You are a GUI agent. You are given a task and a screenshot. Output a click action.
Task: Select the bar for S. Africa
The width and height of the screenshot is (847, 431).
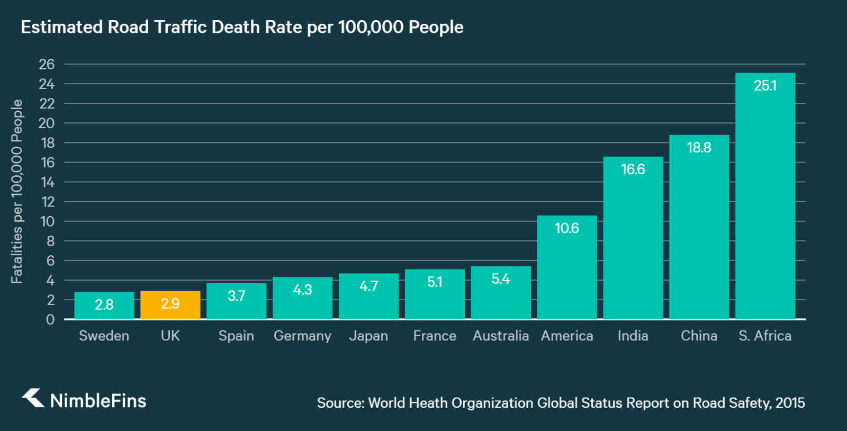765,201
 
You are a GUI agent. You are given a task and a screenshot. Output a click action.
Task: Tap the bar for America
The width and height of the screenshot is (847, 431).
566,270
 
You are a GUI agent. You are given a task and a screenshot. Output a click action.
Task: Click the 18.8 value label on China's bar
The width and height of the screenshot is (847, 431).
699,148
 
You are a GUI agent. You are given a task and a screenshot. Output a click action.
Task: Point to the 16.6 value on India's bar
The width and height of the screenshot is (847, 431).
633,169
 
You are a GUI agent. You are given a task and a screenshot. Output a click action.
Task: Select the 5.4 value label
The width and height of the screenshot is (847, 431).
500,279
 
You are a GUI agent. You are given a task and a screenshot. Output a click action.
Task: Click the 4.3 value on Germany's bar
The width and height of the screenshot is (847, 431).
302,290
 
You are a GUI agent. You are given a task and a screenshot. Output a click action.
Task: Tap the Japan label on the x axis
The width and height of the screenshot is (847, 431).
368,336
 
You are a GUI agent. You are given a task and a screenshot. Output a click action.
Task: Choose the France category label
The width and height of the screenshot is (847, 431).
435,336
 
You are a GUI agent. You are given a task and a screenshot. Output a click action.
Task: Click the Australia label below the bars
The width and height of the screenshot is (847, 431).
500,336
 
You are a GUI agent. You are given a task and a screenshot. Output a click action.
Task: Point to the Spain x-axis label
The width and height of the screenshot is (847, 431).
236,336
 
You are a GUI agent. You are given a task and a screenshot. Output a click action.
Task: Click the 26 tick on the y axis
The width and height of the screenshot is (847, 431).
47,65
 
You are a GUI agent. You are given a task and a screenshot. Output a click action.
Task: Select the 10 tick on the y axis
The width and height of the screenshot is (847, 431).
47,221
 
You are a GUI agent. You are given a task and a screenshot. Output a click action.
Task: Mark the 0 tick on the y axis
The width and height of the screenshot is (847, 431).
50,319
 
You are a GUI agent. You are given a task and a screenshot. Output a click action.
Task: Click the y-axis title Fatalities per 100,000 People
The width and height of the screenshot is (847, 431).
17,192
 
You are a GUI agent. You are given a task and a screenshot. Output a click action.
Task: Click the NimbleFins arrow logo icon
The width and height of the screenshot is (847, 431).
33,398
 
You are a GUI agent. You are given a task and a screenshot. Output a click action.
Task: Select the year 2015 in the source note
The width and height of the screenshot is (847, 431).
790,403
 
